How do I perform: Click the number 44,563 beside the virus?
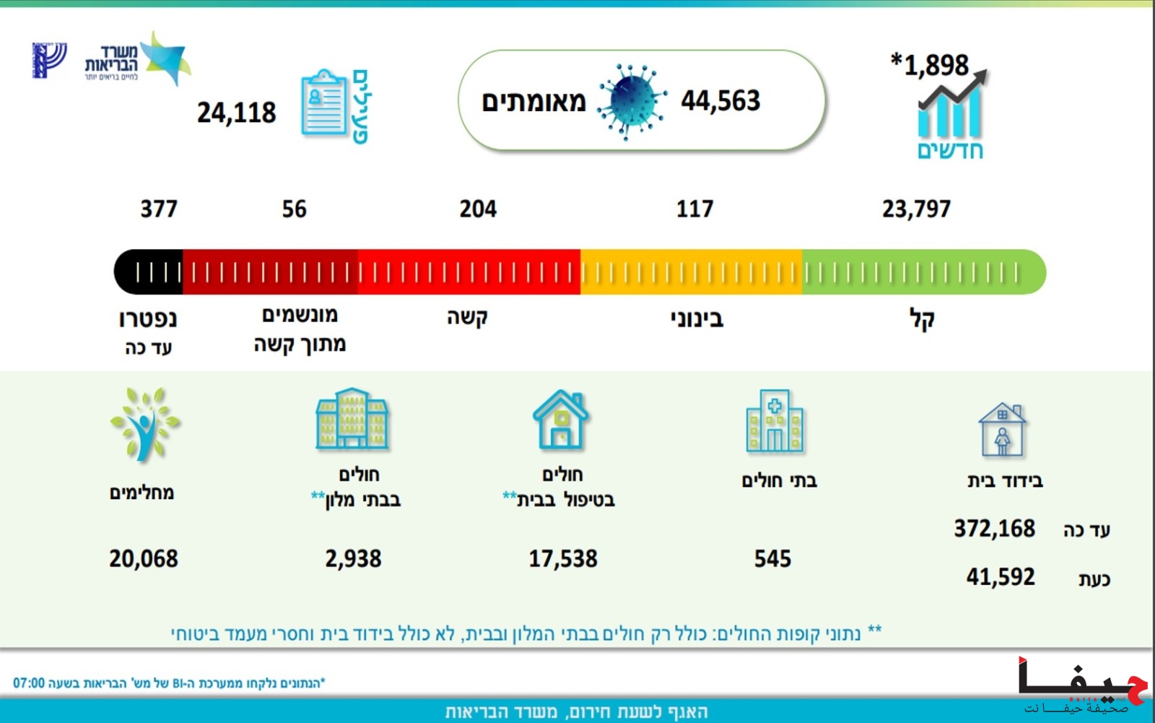[720, 101]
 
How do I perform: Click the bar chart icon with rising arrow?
[950, 107]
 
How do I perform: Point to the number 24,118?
[237, 113]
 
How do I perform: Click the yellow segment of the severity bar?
[691, 272]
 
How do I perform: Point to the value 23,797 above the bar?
[916, 209]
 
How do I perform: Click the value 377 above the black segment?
[159, 209]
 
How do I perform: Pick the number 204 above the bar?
[478, 209]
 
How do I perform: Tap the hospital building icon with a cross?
[775, 421]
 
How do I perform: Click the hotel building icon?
[352, 419]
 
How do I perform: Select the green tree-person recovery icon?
[144, 424]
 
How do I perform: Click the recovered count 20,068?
[144, 559]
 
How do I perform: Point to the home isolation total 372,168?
[995, 529]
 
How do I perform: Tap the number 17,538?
[563, 559]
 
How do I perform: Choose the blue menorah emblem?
[49, 59]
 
